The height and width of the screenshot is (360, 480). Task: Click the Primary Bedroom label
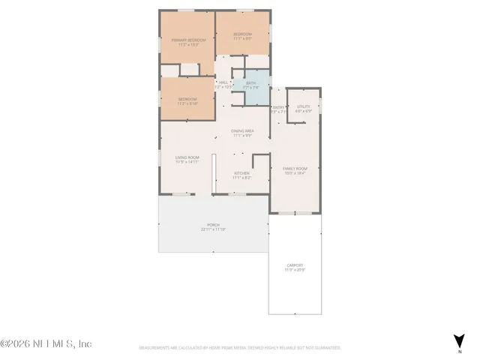[x=188, y=40]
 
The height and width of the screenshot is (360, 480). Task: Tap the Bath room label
[x=251, y=83]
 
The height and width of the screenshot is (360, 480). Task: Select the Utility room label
[x=303, y=107]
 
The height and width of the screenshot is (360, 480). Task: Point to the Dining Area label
[x=241, y=130]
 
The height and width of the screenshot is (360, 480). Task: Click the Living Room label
[x=187, y=157]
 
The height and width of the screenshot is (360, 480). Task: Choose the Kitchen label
[x=241, y=173]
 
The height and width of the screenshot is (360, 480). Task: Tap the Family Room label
[x=295, y=169]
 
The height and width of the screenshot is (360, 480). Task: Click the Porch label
[x=214, y=225]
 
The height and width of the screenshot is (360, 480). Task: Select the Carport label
[x=295, y=265]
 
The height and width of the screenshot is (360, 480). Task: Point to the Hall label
[x=223, y=82]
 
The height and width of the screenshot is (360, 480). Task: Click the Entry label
[x=279, y=108]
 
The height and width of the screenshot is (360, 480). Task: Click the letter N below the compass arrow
[x=459, y=351]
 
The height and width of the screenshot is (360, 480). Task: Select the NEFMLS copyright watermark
[x=46, y=344]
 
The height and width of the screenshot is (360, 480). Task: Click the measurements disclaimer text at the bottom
[x=240, y=348]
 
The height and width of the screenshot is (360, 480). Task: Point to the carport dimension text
[x=295, y=270]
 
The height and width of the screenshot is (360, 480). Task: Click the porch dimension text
[x=214, y=229]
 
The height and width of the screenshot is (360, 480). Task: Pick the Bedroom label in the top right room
[x=241, y=34]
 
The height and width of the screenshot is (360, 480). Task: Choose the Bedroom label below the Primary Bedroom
[x=187, y=99]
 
